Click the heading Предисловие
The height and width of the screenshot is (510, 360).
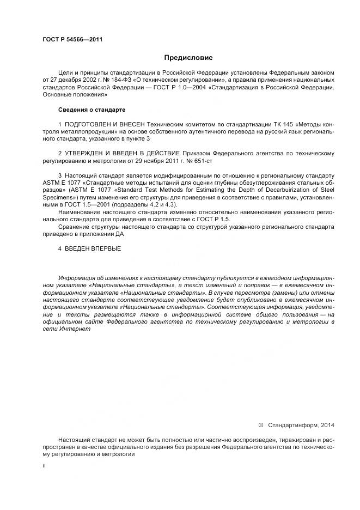[188, 57]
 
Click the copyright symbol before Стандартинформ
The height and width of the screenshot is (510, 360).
[261, 424]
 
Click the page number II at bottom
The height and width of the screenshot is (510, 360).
[44, 466]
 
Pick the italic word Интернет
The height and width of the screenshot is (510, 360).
[69, 329]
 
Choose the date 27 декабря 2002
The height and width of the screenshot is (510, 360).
[74, 79]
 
